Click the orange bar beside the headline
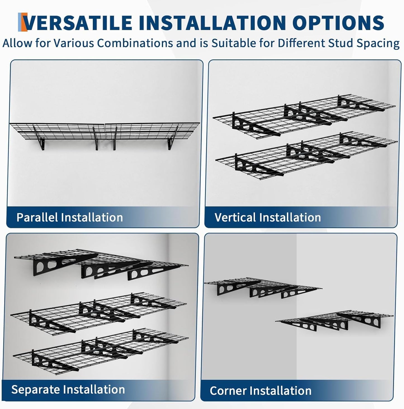[20, 22]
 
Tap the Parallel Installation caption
[70, 217]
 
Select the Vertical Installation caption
[268, 217]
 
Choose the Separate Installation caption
[68, 389]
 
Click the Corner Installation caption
[261, 391]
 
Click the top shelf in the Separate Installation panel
[101, 264]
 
